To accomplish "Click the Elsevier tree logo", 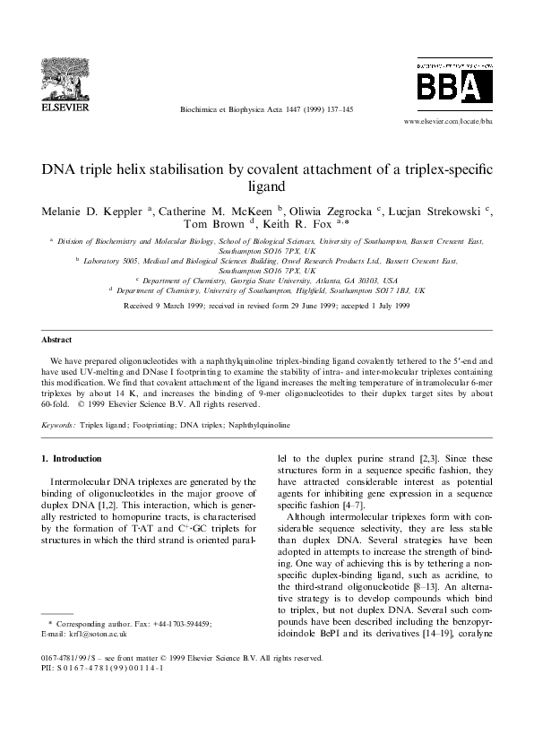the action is tap(63, 75).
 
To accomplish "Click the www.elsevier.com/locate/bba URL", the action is tap(449, 119).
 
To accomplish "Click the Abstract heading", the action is tap(57, 365).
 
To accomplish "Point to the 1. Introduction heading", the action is tap(72, 459).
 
